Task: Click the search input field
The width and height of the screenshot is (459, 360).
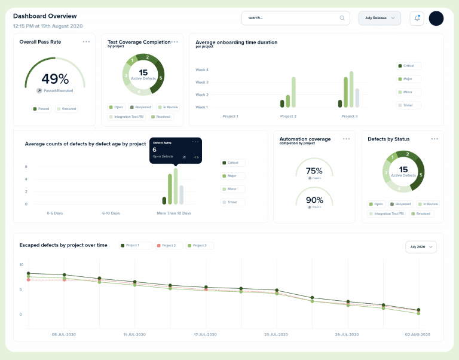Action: (293, 18)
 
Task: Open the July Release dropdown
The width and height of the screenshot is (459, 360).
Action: (380, 18)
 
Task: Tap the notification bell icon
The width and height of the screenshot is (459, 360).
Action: (417, 19)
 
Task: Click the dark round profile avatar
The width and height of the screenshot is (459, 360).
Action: (436, 19)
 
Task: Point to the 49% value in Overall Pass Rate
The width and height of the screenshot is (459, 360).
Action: (55, 79)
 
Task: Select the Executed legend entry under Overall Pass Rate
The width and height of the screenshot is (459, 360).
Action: (67, 109)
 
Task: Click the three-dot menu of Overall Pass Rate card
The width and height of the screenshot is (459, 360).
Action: (87, 42)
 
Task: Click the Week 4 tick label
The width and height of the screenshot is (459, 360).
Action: (202, 70)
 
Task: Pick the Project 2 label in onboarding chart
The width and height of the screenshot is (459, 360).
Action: (288, 116)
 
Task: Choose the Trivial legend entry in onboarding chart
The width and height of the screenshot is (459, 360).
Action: (409, 105)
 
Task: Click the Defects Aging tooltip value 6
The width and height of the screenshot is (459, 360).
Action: (154, 150)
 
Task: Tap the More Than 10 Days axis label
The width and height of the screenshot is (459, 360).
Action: (174, 213)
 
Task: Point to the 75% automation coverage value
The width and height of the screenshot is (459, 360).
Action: (314, 171)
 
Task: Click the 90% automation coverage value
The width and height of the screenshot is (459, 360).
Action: (314, 200)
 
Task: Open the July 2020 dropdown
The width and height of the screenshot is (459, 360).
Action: (421, 246)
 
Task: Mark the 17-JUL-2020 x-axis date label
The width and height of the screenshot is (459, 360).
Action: (204, 334)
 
